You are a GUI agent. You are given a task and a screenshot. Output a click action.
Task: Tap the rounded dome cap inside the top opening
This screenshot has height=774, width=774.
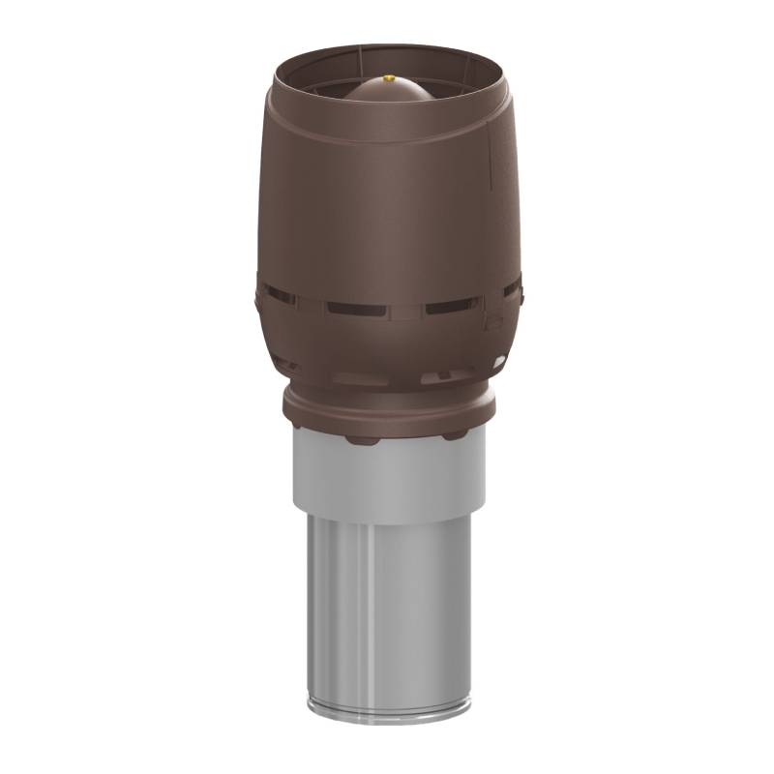click(389, 97)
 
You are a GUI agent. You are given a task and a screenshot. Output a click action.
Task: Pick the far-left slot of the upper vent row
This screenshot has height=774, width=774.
click(279, 293)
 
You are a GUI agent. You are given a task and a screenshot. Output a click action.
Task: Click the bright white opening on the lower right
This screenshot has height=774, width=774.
click(498, 362)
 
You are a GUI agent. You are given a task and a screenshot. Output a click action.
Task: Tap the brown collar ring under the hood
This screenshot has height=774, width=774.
click(389, 411)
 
